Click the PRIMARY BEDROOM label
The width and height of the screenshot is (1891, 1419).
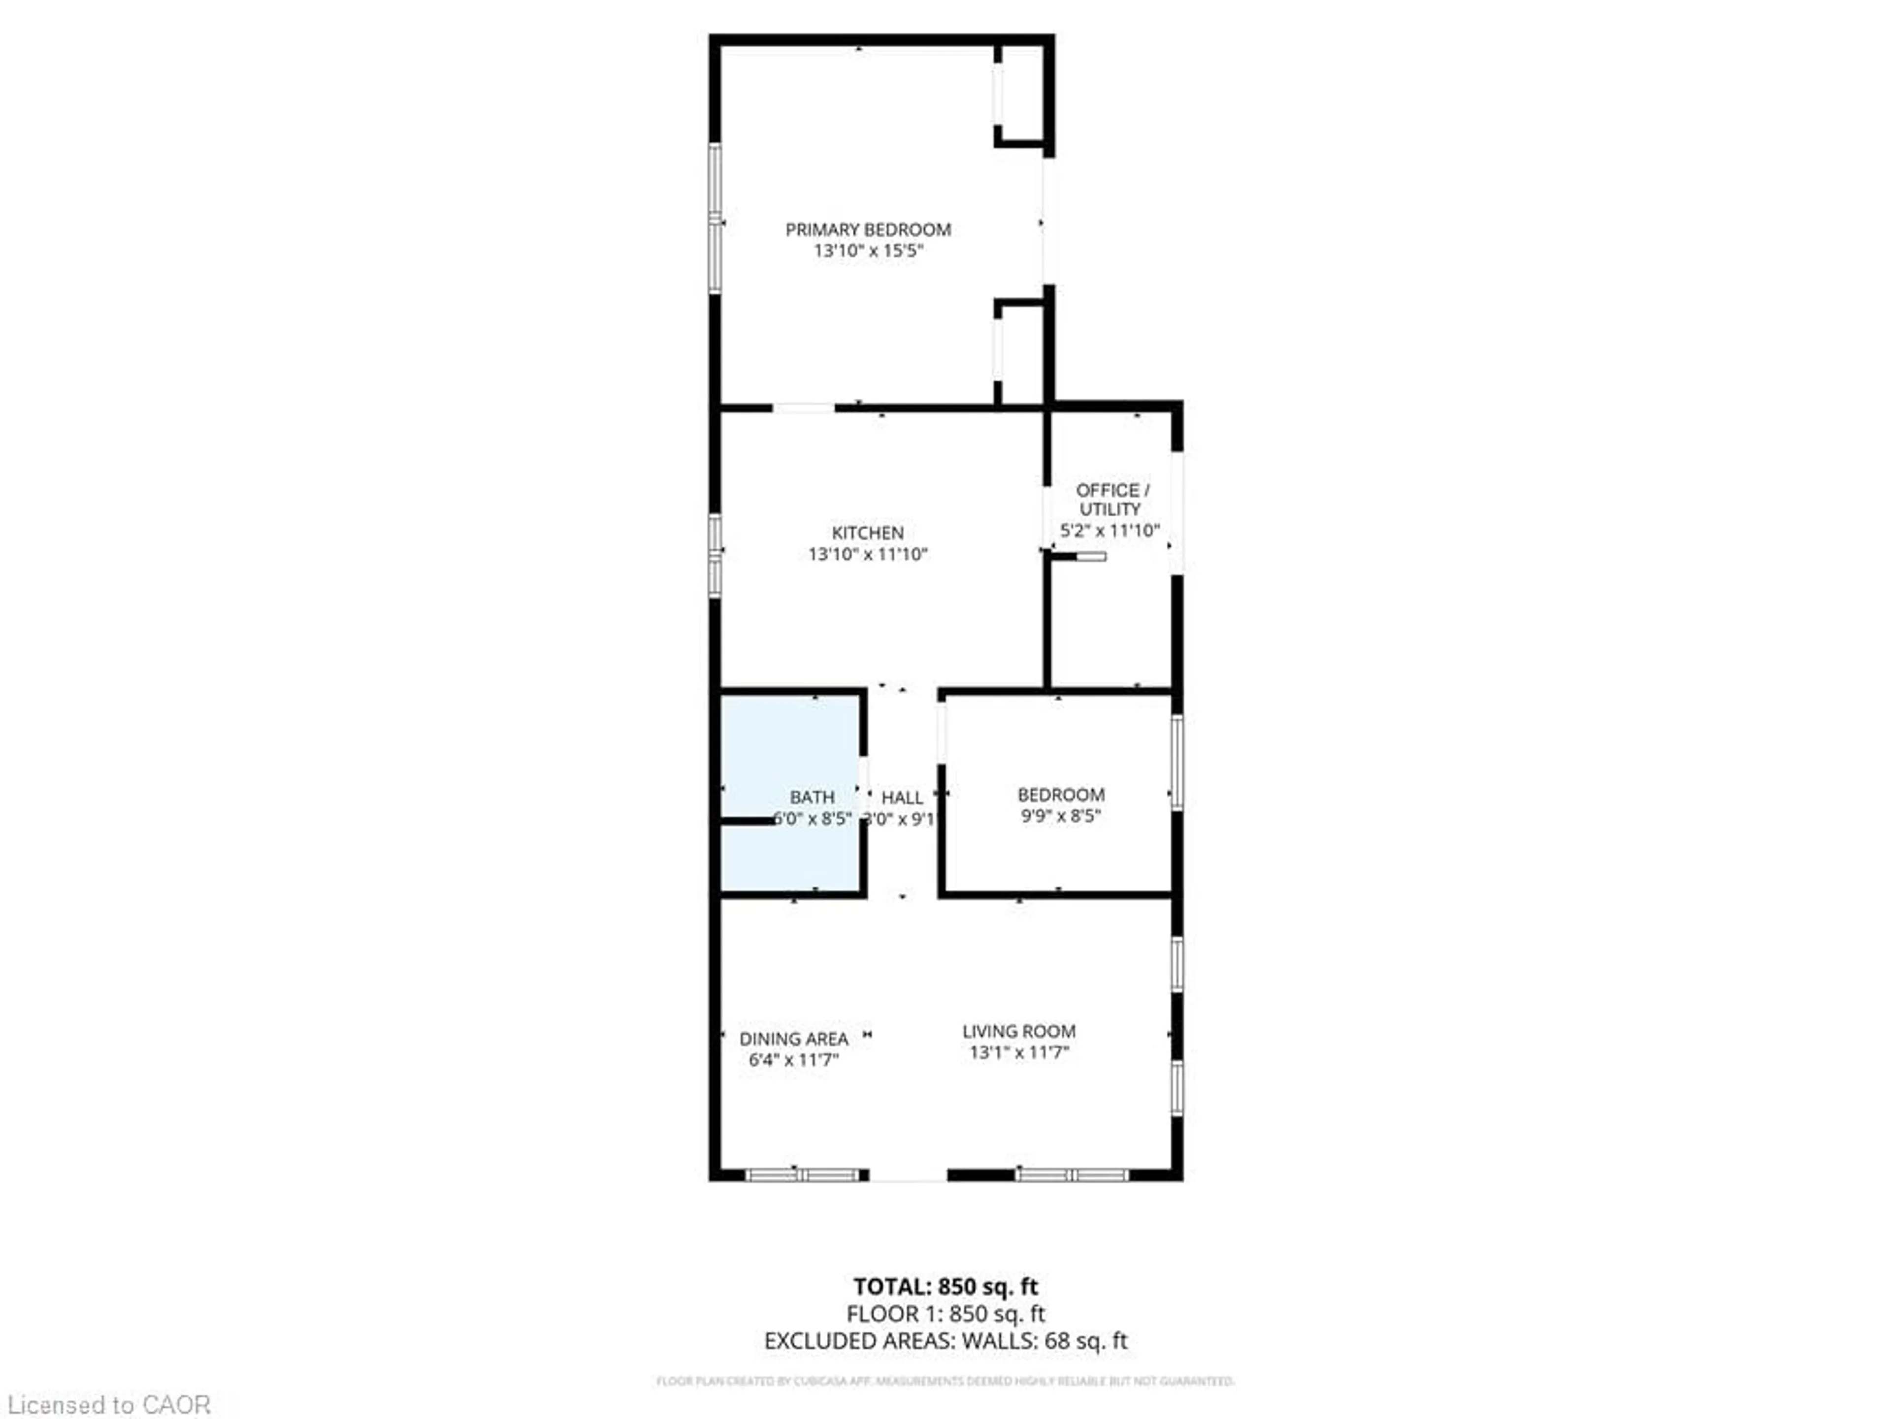[x=868, y=229]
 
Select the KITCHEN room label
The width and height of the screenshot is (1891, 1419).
[x=868, y=532]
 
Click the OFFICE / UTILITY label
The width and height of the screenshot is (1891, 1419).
[x=1111, y=499]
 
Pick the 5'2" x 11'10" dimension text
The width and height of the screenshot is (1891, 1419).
[x=1109, y=530]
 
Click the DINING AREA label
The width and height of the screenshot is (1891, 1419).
[x=793, y=1038]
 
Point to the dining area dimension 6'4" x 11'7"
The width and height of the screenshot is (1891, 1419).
[x=793, y=1060]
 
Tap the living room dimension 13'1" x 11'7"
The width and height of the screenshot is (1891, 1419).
[x=1018, y=1052]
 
